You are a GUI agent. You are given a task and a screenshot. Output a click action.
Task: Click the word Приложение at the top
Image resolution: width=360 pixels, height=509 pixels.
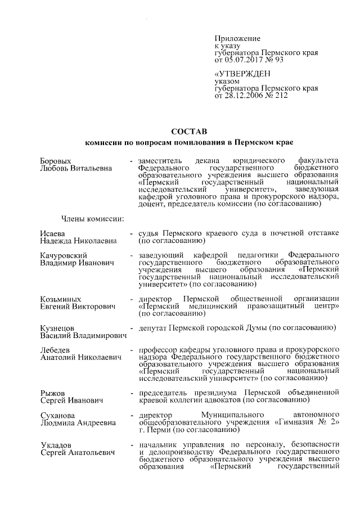(x=237, y=38)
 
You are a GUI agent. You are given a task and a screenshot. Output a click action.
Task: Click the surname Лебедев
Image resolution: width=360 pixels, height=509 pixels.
(x=57, y=350)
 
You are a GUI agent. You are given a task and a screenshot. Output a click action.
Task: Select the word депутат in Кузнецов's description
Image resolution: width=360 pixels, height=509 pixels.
(x=155, y=328)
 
